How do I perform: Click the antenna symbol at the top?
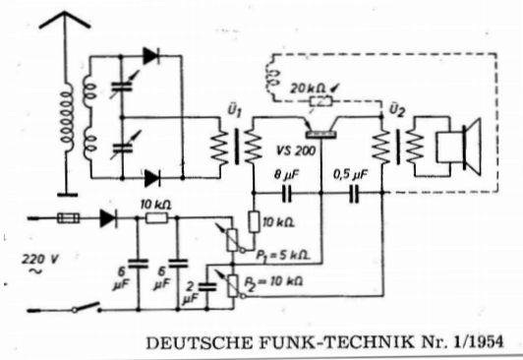pos(65,21)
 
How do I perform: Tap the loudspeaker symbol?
pos(460,147)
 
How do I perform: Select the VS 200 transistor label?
pos(296,150)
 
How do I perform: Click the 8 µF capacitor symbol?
pos(286,193)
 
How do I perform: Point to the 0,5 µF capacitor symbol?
pos(354,193)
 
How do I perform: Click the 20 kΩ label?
pos(308,89)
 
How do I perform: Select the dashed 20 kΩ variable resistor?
pos(320,100)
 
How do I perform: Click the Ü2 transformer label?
pos(396,109)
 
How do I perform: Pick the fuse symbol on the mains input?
pos(69,218)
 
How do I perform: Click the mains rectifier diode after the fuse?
pos(109,218)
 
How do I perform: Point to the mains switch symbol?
pos(87,307)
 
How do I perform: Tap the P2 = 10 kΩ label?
pos(273,282)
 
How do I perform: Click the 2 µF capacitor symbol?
pos(207,287)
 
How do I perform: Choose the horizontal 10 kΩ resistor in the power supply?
pos(156,218)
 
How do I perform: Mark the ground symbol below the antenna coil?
pos(67,195)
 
